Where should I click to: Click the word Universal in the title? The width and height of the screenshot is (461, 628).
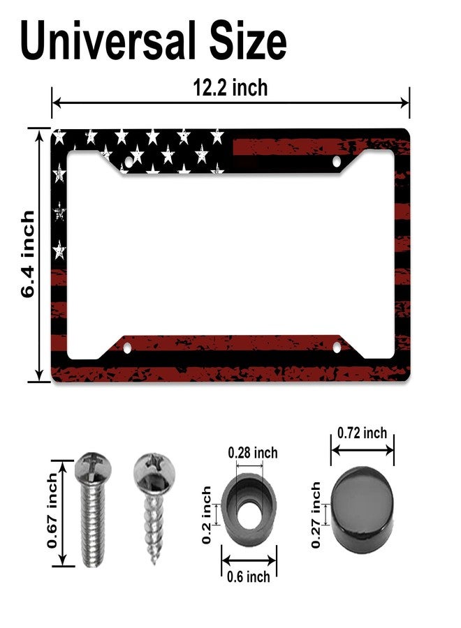pos(108,40)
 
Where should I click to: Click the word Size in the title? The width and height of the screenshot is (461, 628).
pos(248,40)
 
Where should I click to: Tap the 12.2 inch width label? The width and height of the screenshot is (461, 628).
pos(230,88)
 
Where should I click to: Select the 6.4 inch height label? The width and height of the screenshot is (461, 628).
pos(28,254)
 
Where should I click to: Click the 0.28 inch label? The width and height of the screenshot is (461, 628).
pos(253,453)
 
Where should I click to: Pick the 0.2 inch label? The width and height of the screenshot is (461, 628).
pos(206,515)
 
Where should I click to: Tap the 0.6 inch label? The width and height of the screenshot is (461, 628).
pos(248,577)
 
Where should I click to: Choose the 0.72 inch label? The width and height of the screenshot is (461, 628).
pos(362,433)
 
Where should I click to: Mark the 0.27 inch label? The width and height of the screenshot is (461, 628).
pos(316,515)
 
